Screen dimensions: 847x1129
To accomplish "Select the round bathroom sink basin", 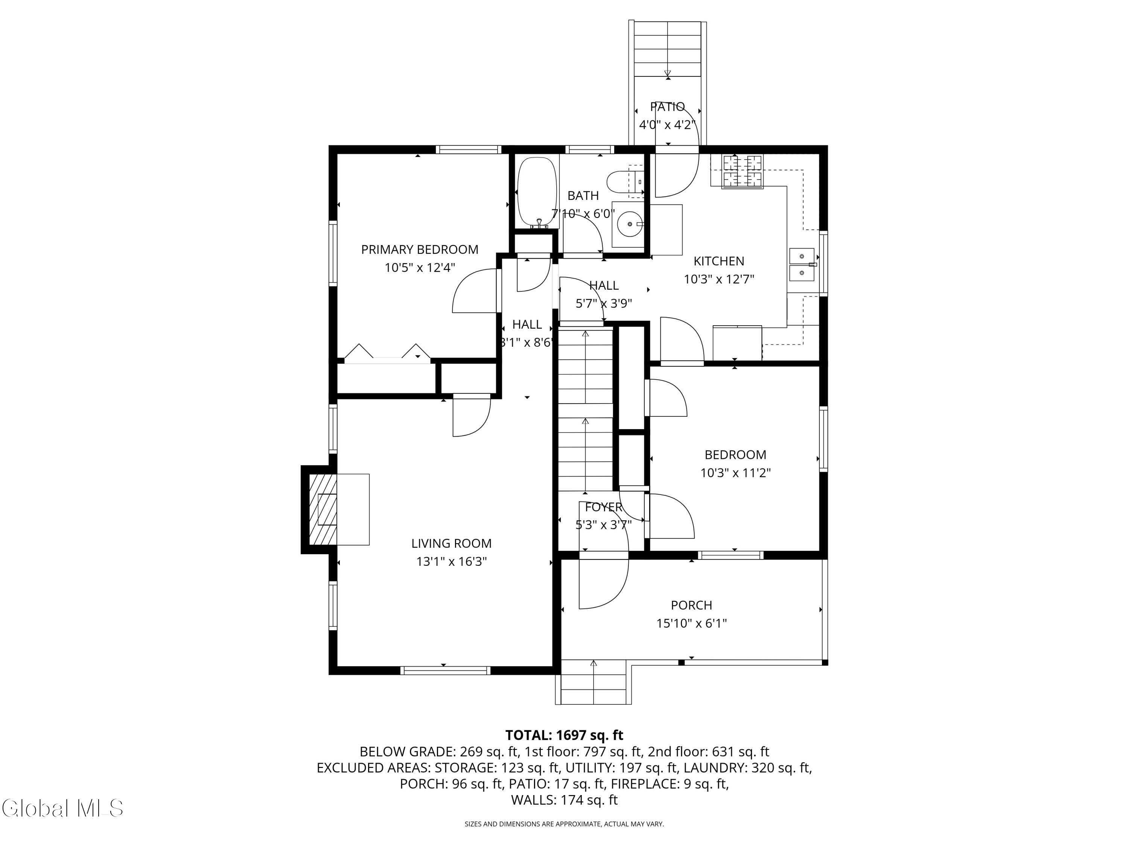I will [x=629, y=224].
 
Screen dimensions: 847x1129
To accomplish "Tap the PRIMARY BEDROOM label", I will [x=420, y=250].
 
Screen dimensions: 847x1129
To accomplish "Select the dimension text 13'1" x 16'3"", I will [x=451, y=562].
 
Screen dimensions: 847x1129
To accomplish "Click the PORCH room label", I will [x=691, y=605].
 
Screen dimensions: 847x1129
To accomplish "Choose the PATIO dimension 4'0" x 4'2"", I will [x=667, y=125].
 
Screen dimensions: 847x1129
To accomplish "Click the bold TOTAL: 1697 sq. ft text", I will [x=564, y=735].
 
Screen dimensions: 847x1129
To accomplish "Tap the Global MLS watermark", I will [x=62, y=808].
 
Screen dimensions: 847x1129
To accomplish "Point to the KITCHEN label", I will [x=719, y=261].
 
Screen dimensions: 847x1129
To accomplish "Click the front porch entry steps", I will [x=593, y=682].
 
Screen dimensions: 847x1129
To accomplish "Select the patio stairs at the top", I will [x=667, y=49].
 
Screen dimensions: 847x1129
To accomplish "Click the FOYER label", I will [x=603, y=507].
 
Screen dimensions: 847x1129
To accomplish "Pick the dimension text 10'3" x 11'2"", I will [x=735, y=473].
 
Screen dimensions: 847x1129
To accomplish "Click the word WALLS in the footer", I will [x=533, y=800].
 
